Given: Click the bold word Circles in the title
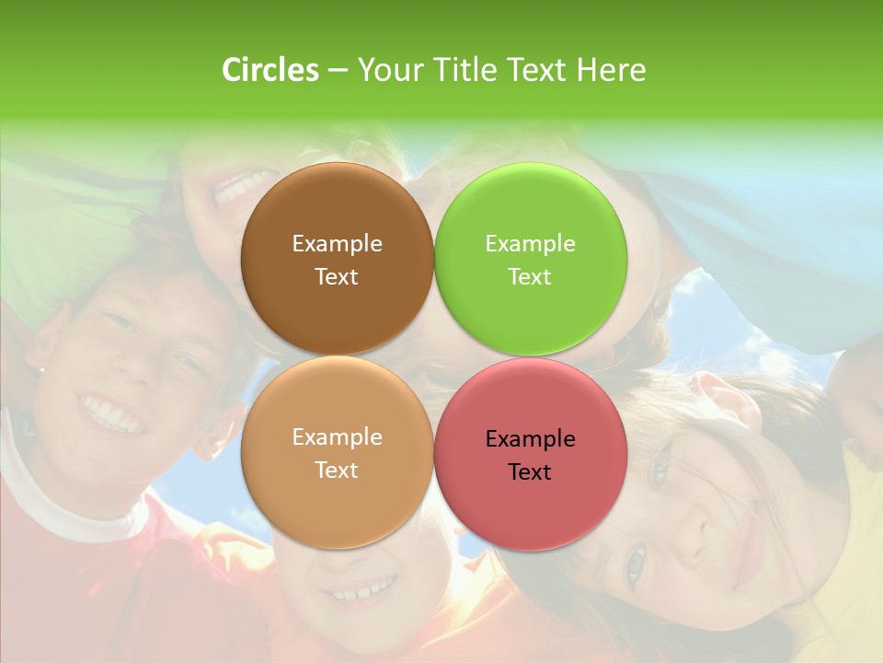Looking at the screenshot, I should coord(270,70).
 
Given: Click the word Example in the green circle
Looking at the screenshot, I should coord(531,243).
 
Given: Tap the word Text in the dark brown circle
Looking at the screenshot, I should coord(337,276).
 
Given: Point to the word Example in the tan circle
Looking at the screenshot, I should coord(337,436).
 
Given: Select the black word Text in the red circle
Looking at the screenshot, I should coord(530,471).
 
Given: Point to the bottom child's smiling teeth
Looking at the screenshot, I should coord(364,589).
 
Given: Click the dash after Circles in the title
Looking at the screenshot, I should coord(338,70).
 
